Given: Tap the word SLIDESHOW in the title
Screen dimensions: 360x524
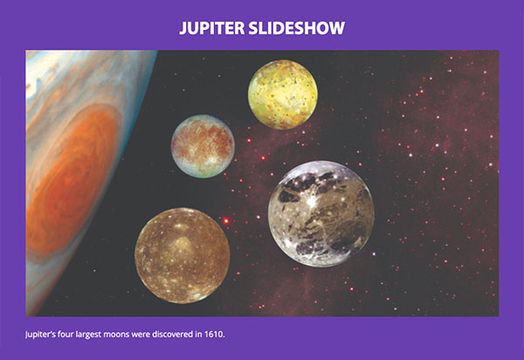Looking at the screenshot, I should point(300,28).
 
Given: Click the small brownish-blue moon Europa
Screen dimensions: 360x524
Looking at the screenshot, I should point(203,146).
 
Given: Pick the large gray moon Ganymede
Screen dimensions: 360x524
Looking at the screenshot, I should point(321,213).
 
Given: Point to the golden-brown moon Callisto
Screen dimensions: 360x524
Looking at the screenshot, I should point(183,255).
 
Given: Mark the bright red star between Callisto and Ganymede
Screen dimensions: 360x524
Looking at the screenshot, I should point(225,221).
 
